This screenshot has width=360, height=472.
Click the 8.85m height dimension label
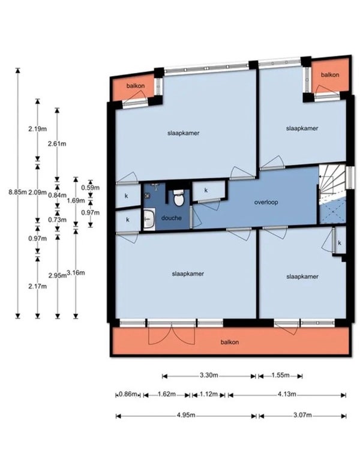tap(18, 193)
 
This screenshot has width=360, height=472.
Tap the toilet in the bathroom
tap(179, 197)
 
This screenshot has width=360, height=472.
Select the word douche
tap(172, 218)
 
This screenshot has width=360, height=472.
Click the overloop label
tap(266, 202)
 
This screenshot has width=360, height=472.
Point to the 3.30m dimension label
tap(209, 375)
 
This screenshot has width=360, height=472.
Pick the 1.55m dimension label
tap(280, 375)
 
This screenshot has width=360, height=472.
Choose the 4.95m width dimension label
tap(186, 416)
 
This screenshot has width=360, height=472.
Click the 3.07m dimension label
tap(302, 416)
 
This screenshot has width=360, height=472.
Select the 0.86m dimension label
tap(128, 394)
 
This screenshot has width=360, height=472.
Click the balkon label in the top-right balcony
tap(330, 74)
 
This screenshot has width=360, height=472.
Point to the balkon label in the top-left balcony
tap(136, 86)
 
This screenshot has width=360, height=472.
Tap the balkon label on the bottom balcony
tap(230, 342)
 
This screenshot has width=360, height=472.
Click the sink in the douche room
tap(149, 219)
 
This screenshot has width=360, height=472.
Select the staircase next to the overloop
tap(332, 194)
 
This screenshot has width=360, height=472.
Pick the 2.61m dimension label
tap(57, 144)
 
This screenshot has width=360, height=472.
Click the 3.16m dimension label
tap(76, 273)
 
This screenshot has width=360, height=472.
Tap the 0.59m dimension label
tap(91, 188)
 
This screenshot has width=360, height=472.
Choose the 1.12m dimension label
tap(208, 394)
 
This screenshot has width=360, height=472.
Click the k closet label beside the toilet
tap(206, 190)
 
